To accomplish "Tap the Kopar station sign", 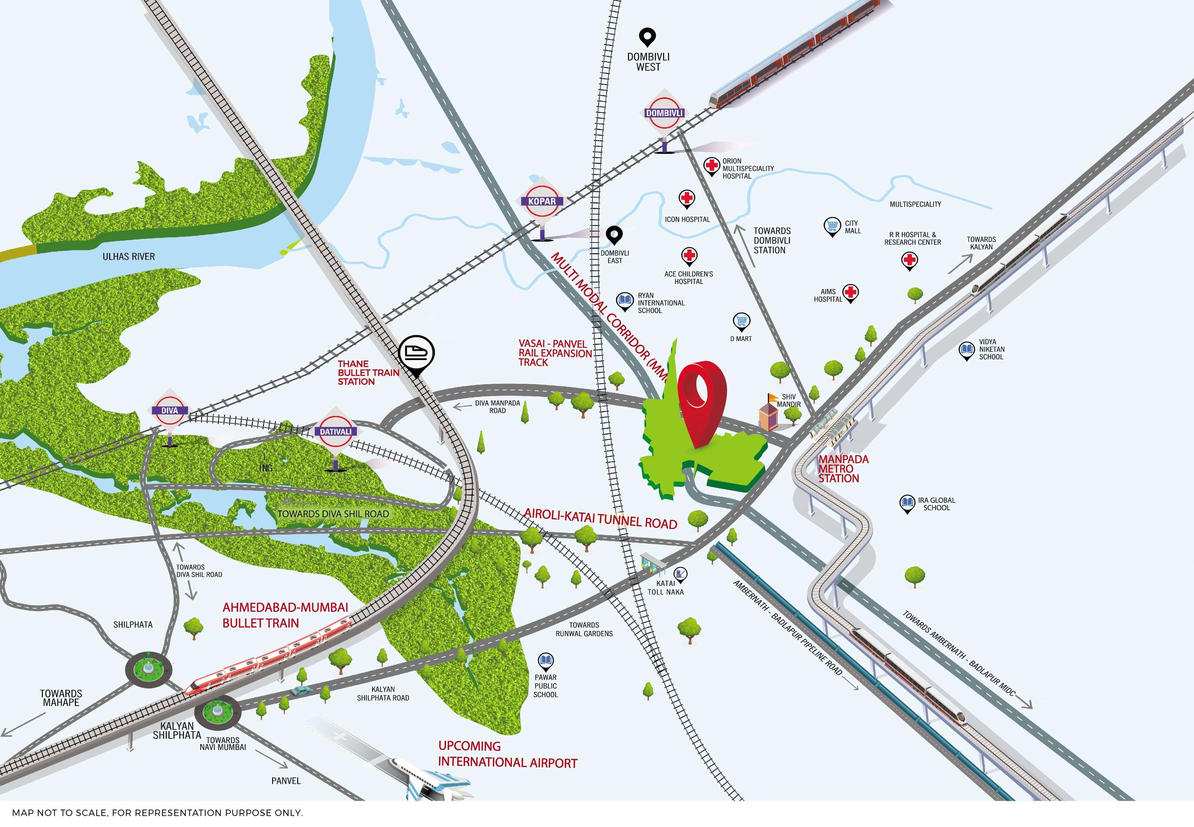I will (542, 201).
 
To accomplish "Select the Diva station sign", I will (169, 410).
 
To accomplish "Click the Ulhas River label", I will (128, 257).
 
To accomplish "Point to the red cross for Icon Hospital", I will (687, 198).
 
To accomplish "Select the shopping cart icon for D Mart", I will (741, 321).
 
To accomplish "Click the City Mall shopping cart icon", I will (832, 226).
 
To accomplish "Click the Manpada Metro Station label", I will (842, 469).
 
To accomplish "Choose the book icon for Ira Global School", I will (907, 503).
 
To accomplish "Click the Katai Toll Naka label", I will (666, 588).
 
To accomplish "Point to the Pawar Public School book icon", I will (545, 661).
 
